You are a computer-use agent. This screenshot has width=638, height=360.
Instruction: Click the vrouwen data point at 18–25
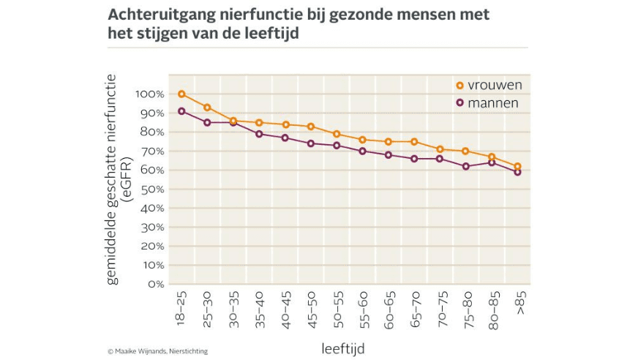tap(181, 94)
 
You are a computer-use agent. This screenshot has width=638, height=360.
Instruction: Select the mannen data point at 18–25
tap(181, 111)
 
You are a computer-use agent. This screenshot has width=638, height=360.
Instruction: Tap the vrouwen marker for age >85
tap(517, 166)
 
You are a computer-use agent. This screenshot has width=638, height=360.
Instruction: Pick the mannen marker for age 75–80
tap(465, 166)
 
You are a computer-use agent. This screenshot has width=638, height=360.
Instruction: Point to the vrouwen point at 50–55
tap(337, 134)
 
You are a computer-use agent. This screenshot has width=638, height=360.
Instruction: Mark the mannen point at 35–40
tap(259, 134)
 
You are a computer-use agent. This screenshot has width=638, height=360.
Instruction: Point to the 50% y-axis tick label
tap(151, 190)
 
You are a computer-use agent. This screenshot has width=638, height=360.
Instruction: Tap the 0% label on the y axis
tap(154, 284)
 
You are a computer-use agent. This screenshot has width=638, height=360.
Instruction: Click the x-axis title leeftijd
tap(342, 348)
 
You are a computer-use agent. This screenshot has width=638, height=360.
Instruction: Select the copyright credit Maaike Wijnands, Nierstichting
tap(157, 351)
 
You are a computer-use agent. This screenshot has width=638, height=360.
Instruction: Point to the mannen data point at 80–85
tap(492, 162)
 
